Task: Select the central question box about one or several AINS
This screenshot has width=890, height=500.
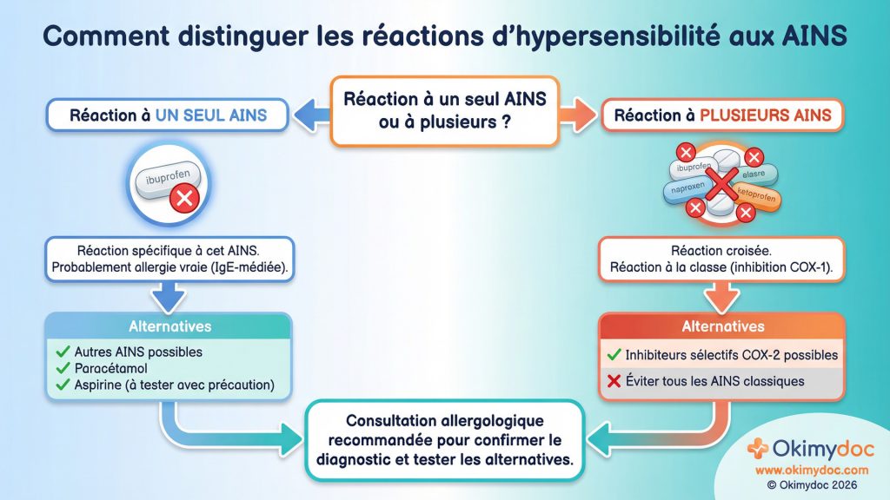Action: [x=444, y=110]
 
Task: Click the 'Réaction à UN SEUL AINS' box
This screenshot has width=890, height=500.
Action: [x=168, y=115]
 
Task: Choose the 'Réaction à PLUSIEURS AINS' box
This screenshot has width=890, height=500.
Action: [x=722, y=115]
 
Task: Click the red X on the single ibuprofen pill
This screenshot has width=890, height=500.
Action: [x=185, y=198]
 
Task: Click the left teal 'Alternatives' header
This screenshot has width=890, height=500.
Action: [x=169, y=327]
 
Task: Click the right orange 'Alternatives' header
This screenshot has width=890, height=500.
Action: [x=722, y=327]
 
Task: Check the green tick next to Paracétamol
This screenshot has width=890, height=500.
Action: [x=62, y=368]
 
